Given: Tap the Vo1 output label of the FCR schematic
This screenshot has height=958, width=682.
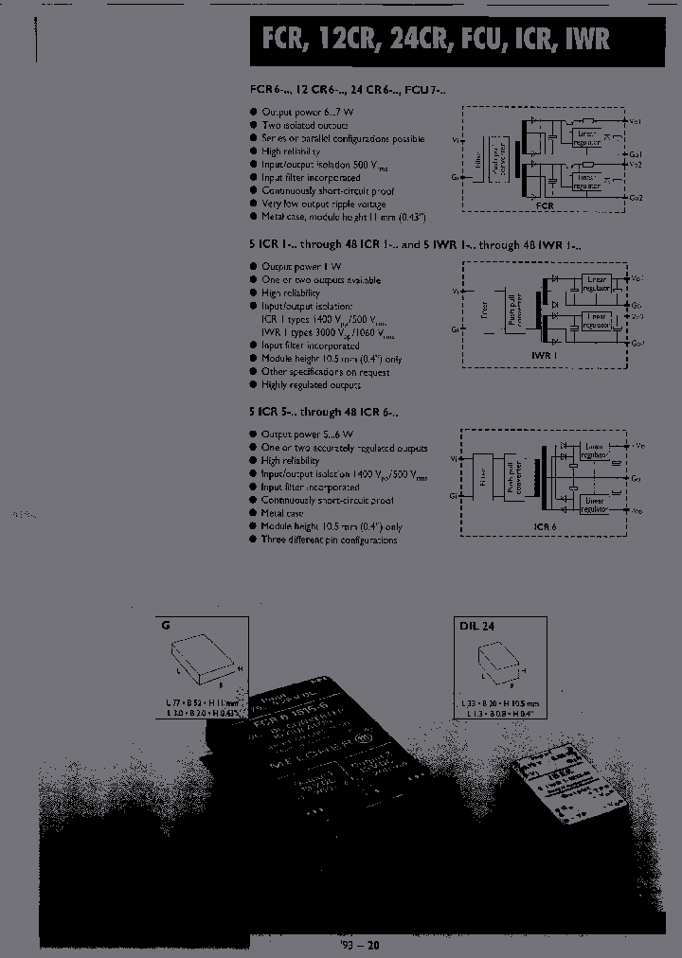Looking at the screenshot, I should tap(636, 121).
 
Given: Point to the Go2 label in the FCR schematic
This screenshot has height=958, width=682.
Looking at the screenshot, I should tap(636, 197).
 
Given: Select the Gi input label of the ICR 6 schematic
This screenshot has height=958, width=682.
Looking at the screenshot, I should tap(456, 495).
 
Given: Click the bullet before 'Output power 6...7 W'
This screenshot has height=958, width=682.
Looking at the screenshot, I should tap(254, 113).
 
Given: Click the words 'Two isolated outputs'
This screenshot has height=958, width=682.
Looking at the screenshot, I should tap(305, 126).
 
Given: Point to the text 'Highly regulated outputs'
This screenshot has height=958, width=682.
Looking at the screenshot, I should tap(311, 385).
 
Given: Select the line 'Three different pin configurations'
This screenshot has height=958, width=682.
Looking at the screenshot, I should tap(329, 541).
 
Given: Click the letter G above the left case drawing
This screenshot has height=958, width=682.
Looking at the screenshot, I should tap(167, 626).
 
